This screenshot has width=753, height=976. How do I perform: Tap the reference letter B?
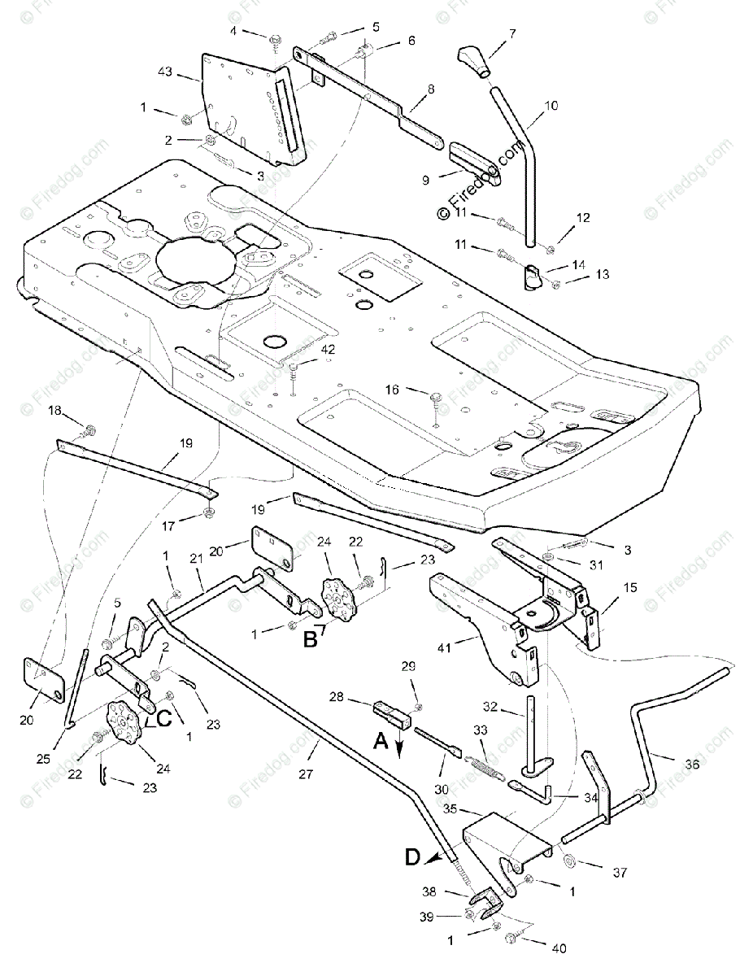click(310, 639)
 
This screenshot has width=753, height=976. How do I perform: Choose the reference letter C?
click(163, 718)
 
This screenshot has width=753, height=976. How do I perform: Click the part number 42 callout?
click(327, 349)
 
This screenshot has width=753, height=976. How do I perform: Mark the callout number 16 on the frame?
click(392, 390)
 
